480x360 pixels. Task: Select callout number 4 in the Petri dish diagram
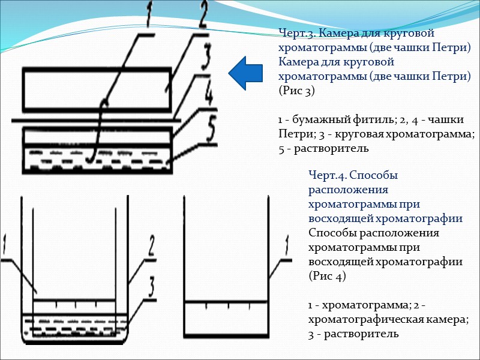pyautogui.click(x=209, y=94)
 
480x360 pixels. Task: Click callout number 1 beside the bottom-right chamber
pyautogui.click(x=286, y=246)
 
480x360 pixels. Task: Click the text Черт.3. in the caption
pyautogui.click(x=295, y=33)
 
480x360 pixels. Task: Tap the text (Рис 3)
pyautogui.click(x=296, y=91)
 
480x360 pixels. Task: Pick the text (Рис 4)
pyautogui.click(x=326, y=276)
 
